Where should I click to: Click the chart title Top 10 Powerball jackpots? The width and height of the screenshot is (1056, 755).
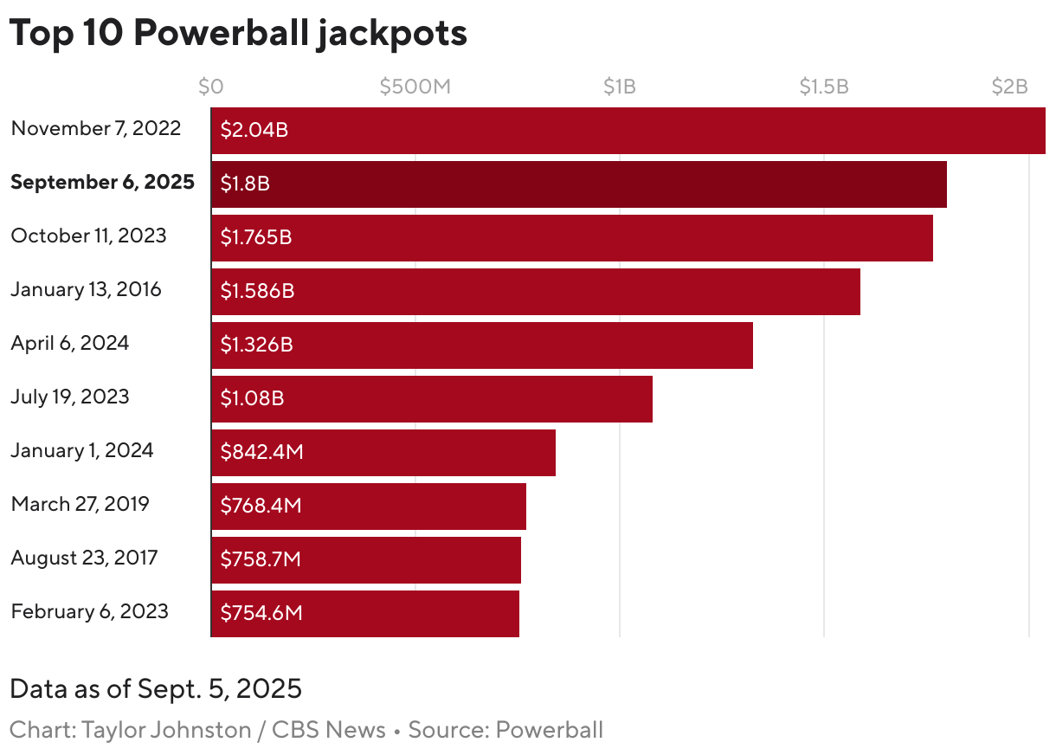tap(238, 33)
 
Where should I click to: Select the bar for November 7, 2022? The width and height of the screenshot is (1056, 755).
tap(628, 131)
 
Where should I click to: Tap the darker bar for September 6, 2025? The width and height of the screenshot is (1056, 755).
tap(578, 184)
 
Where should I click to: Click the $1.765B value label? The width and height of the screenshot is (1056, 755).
tap(255, 238)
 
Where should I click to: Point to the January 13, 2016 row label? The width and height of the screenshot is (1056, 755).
tap(86, 289)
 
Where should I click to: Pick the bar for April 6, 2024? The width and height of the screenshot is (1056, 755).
tap(481, 345)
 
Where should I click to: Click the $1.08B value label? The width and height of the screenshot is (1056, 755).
tap(252, 399)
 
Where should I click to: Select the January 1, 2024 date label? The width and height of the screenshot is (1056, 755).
tap(82, 450)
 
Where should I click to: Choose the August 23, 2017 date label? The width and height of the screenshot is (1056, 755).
tap(84, 558)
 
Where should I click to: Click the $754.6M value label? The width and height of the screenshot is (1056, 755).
tap(261, 614)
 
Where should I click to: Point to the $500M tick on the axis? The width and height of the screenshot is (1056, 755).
tap(415, 87)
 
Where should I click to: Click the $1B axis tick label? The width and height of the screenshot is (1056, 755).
tap(620, 87)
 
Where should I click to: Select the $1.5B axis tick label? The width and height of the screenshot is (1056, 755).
tap(823, 87)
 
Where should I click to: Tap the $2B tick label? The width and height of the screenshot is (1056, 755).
tap(1009, 87)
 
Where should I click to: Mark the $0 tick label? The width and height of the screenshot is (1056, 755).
tap(210, 87)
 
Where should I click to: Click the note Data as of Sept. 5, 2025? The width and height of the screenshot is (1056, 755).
tap(156, 689)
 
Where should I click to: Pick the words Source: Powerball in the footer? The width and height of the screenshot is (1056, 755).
tap(505, 730)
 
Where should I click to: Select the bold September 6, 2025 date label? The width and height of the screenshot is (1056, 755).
tap(102, 183)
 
